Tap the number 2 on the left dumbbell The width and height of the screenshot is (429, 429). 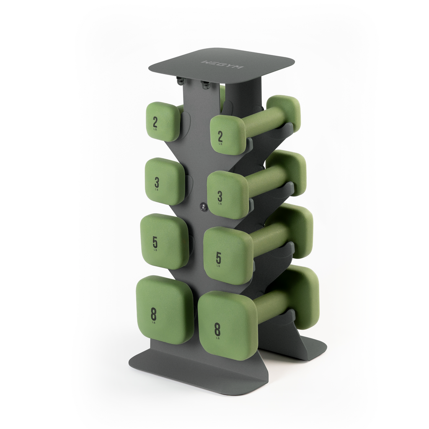[x=155, y=122]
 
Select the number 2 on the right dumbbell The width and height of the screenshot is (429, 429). [x=220, y=136]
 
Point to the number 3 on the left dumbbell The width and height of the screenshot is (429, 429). [x=157, y=182]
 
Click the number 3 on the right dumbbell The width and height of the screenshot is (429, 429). [x=220, y=196]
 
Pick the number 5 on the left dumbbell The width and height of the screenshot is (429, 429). [x=155, y=242]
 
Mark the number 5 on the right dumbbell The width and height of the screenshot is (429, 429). [x=218, y=258]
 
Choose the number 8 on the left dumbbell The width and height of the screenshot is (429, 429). [x=154, y=313]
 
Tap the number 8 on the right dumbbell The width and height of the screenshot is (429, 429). [x=217, y=330]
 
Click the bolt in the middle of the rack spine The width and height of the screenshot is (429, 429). [x=203, y=206]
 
